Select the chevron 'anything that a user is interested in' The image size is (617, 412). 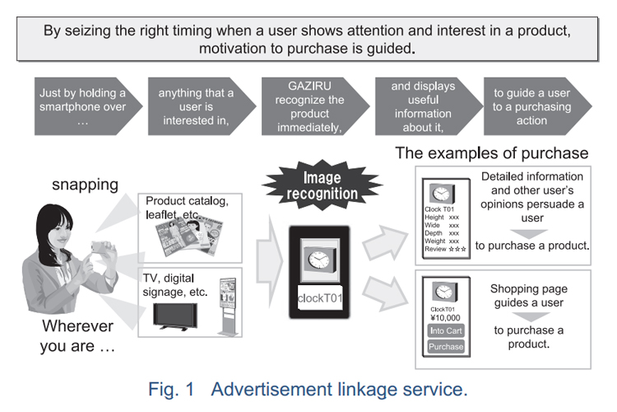click(x=195, y=105)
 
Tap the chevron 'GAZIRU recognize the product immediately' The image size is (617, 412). click(x=307, y=105)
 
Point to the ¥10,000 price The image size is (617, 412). click(x=444, y=316)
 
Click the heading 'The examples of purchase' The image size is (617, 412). click(x=492, y=152)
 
